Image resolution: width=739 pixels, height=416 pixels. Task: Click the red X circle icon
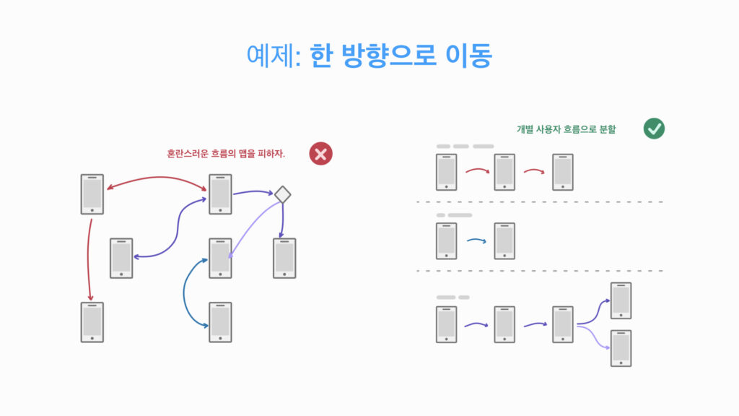[321, 153]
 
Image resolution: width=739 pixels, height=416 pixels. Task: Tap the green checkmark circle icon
[654, 129]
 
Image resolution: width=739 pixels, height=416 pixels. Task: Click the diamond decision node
[282, 194]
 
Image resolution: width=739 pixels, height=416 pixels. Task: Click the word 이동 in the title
[469, 56]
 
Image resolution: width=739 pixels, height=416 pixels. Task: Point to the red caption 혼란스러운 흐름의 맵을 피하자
[226, 153]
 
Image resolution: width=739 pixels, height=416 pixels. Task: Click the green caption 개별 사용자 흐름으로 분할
[566, 129]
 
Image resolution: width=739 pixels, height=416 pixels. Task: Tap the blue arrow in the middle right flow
[476, 240]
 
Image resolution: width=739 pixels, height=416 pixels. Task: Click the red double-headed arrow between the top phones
[157, 179]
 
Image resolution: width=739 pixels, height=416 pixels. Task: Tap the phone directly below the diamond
[284, 258]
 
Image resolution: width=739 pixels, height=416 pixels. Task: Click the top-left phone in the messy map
[92, 194]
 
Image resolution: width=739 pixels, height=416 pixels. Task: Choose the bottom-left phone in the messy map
[92, 322]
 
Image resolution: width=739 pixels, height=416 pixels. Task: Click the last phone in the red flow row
[562, 172]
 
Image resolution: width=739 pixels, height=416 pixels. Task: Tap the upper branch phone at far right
[621, 300]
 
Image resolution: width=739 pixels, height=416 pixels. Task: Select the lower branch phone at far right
[621, 348]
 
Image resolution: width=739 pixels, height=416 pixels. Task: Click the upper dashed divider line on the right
[540, 201]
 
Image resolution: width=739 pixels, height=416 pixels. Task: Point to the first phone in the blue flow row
[446, 241]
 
